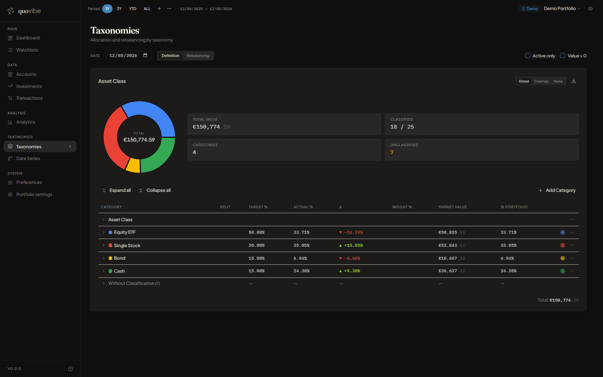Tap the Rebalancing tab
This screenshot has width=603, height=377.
[x=198, y=56]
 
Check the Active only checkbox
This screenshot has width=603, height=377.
[x=528, y=55]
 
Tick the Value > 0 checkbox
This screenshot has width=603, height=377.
[x=562, y=55]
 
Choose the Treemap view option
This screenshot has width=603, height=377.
[x=541, y=81]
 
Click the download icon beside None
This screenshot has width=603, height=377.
[x=574, y=81]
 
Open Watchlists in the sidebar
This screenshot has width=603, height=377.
[x=27, y=50]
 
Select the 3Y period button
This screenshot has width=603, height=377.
[x=119, y=9]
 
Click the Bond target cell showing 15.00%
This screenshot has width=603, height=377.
[x=257, y=258]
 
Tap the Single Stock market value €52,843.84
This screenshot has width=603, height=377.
[x=452, y=245]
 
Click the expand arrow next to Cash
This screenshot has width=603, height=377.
[x=104, y=271]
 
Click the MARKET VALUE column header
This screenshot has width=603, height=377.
[x=453, y=207]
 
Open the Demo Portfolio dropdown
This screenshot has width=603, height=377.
[x=562, y=9]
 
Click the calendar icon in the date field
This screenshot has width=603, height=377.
[x=145, y=55]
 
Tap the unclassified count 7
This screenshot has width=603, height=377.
[x=392, y=152]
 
